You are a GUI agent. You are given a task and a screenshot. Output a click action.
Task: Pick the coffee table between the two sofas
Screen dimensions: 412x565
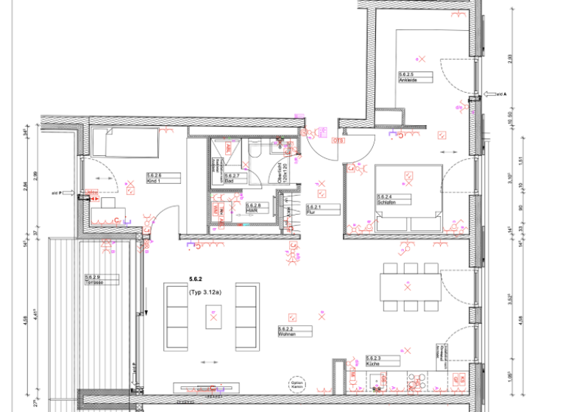pyautogui.click(x=213, y=316)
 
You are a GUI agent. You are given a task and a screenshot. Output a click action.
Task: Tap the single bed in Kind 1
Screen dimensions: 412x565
pyautogui.click(x=127, y=143)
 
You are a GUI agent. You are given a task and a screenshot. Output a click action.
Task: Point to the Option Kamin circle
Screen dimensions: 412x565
pyautogui.click(x=296, y=384)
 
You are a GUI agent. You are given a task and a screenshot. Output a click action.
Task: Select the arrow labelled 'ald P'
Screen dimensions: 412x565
pyautogui.click(x=74, y=193)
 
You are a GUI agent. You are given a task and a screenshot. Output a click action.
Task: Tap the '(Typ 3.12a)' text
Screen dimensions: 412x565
pyautogui.click(x=205, y=292)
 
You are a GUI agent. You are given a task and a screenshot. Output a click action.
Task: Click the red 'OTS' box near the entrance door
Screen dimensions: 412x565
pyautogui.click(x=339, y=140)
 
